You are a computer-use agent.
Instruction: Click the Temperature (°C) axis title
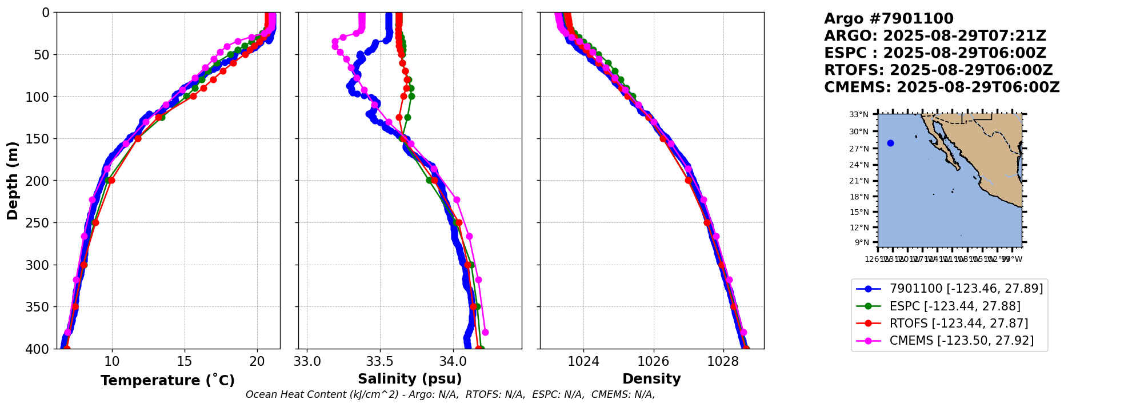pos(167,381)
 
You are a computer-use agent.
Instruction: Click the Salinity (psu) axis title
pos(410,379)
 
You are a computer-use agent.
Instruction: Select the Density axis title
pos(651,379)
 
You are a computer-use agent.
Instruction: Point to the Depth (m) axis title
pos(13,180)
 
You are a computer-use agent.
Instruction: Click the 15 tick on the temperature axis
pos(185,361)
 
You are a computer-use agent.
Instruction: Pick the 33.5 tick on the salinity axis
pos(380,361)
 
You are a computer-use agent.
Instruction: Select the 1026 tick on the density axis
pos(653,361)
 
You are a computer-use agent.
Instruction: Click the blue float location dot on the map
pos(890,143)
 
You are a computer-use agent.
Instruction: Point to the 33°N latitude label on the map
pos(858,114)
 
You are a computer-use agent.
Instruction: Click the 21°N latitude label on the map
pos(858,181)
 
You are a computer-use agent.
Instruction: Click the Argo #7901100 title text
pos(889,19)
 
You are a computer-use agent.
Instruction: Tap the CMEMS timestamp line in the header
pos(942,87)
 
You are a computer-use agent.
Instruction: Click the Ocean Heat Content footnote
pos(450,394)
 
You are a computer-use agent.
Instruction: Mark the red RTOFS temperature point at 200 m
pos(111,181)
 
